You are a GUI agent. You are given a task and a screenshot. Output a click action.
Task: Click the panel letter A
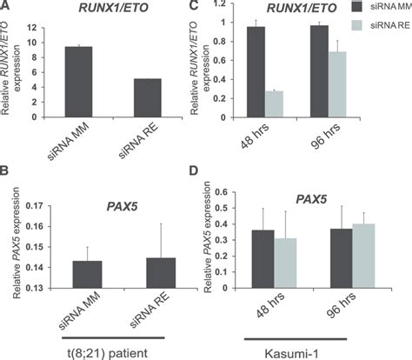click(7, 6)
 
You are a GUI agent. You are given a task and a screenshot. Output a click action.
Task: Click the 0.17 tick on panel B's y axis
click(43, 206)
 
